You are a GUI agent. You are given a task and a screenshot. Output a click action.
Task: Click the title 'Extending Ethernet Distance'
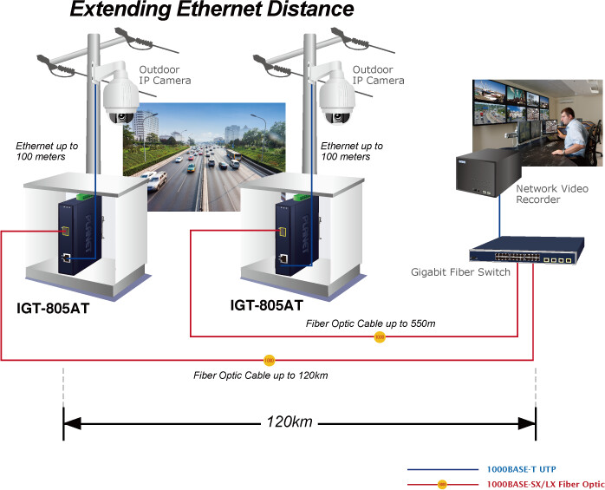coord(211,10)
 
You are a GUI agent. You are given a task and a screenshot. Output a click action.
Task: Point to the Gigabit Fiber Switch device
coord(527,251)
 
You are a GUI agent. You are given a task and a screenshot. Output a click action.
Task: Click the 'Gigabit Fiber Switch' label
coord(460,272)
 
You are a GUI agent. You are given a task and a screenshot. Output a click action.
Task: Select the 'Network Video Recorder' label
coord(552,194)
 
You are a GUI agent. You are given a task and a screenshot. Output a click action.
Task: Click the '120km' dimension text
coord(289,421)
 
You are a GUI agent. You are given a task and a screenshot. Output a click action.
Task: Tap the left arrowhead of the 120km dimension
coord(72,423)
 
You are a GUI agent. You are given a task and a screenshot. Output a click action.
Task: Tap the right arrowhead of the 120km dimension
coord(527,423)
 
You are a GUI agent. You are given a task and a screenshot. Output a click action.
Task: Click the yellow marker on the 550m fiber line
coord(380,336)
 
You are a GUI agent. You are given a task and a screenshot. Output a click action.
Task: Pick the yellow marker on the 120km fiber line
coord(269,360)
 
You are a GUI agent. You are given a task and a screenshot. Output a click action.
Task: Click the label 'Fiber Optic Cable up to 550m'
coord(370,323)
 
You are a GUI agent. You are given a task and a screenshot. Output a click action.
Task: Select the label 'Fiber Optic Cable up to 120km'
coord(260,376)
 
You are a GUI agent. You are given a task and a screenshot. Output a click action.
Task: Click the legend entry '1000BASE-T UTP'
coord(521,469)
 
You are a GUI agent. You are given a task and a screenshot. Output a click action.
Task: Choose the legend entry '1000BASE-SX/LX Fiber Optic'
coord(545,484)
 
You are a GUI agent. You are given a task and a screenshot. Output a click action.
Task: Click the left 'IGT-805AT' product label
coord(53,308)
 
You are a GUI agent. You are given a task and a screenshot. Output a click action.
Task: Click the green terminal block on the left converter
coord(85,197)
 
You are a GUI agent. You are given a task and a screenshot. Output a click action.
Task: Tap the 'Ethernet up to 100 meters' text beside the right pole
coord(352,151)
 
